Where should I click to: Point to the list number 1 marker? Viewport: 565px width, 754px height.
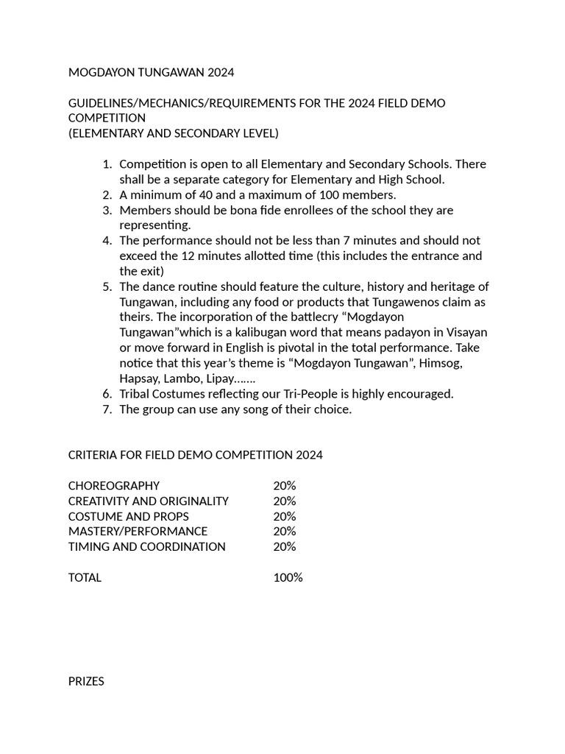[x=107, y=164]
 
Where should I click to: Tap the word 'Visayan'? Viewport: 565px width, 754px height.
[x=466, y=333]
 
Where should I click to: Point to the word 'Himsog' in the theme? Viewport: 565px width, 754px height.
[x=440, y=363]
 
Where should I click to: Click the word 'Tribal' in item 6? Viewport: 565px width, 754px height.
[x=135, y=394]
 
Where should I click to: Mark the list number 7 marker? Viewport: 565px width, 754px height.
[x=107, y=409]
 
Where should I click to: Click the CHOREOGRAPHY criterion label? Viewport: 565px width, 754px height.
[x=114, y=486]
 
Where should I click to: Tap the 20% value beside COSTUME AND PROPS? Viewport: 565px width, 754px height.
[x=284, y=516]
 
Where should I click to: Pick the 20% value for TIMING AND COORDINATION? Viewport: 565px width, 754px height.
[x=284, y=546]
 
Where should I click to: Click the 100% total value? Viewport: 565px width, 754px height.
[x=288, y=577]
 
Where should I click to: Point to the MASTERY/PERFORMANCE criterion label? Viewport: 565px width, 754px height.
[x=138, y=531]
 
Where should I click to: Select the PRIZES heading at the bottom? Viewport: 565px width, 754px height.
[x=86, y=682]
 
